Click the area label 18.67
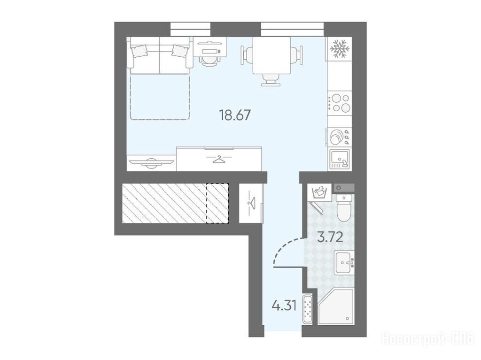point(235,115)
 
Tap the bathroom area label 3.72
point(330,237)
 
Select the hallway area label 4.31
point(284,305)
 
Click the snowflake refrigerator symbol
point(339,48)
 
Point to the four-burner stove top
point(339,103)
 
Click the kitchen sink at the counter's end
point(339,160)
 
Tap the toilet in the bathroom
point(343,207)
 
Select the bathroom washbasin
point(344,262)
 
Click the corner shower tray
point(335,306)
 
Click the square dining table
point(272,55)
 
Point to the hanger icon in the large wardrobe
point(219,159)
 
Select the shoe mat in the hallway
point(307,309)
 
